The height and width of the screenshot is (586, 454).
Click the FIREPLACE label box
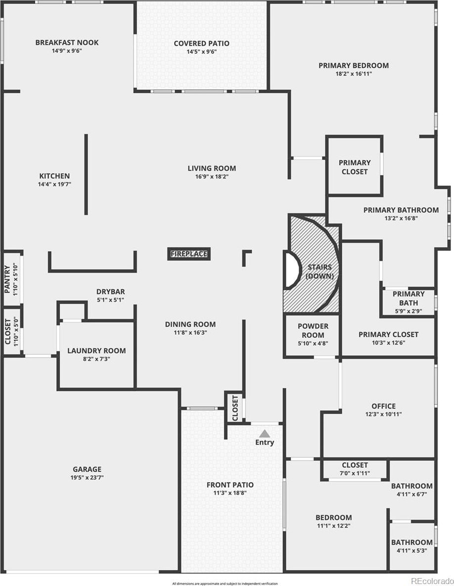coord(189,254)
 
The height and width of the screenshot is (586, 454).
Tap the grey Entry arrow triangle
coord(265,434)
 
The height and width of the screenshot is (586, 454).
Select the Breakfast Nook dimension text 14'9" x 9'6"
coord(67,51)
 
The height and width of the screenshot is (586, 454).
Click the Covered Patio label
coord(201,44)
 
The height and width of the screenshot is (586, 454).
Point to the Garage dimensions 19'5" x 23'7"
coord(87,477)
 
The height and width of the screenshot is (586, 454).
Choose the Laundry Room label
coord(96,351)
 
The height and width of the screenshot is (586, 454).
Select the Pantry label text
coord(7,279)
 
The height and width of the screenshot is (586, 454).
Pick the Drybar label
coord(111,291)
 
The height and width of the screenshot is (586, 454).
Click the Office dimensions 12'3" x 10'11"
coord(383,414)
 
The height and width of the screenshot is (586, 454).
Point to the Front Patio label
coord(230,485)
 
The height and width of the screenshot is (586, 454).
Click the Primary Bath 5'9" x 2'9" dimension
coord(409,311)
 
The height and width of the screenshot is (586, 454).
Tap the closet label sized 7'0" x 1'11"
coord(355,465)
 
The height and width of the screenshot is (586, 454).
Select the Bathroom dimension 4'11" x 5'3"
coord(412,550)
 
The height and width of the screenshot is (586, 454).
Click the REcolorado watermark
coord(432,581)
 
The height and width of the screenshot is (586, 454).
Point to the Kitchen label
coord(54,176)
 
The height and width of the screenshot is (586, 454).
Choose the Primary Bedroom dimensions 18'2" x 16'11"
coord(354,74)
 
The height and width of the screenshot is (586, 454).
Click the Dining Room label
coord(190,324)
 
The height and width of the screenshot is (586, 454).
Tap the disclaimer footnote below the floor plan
coord(225,584)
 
